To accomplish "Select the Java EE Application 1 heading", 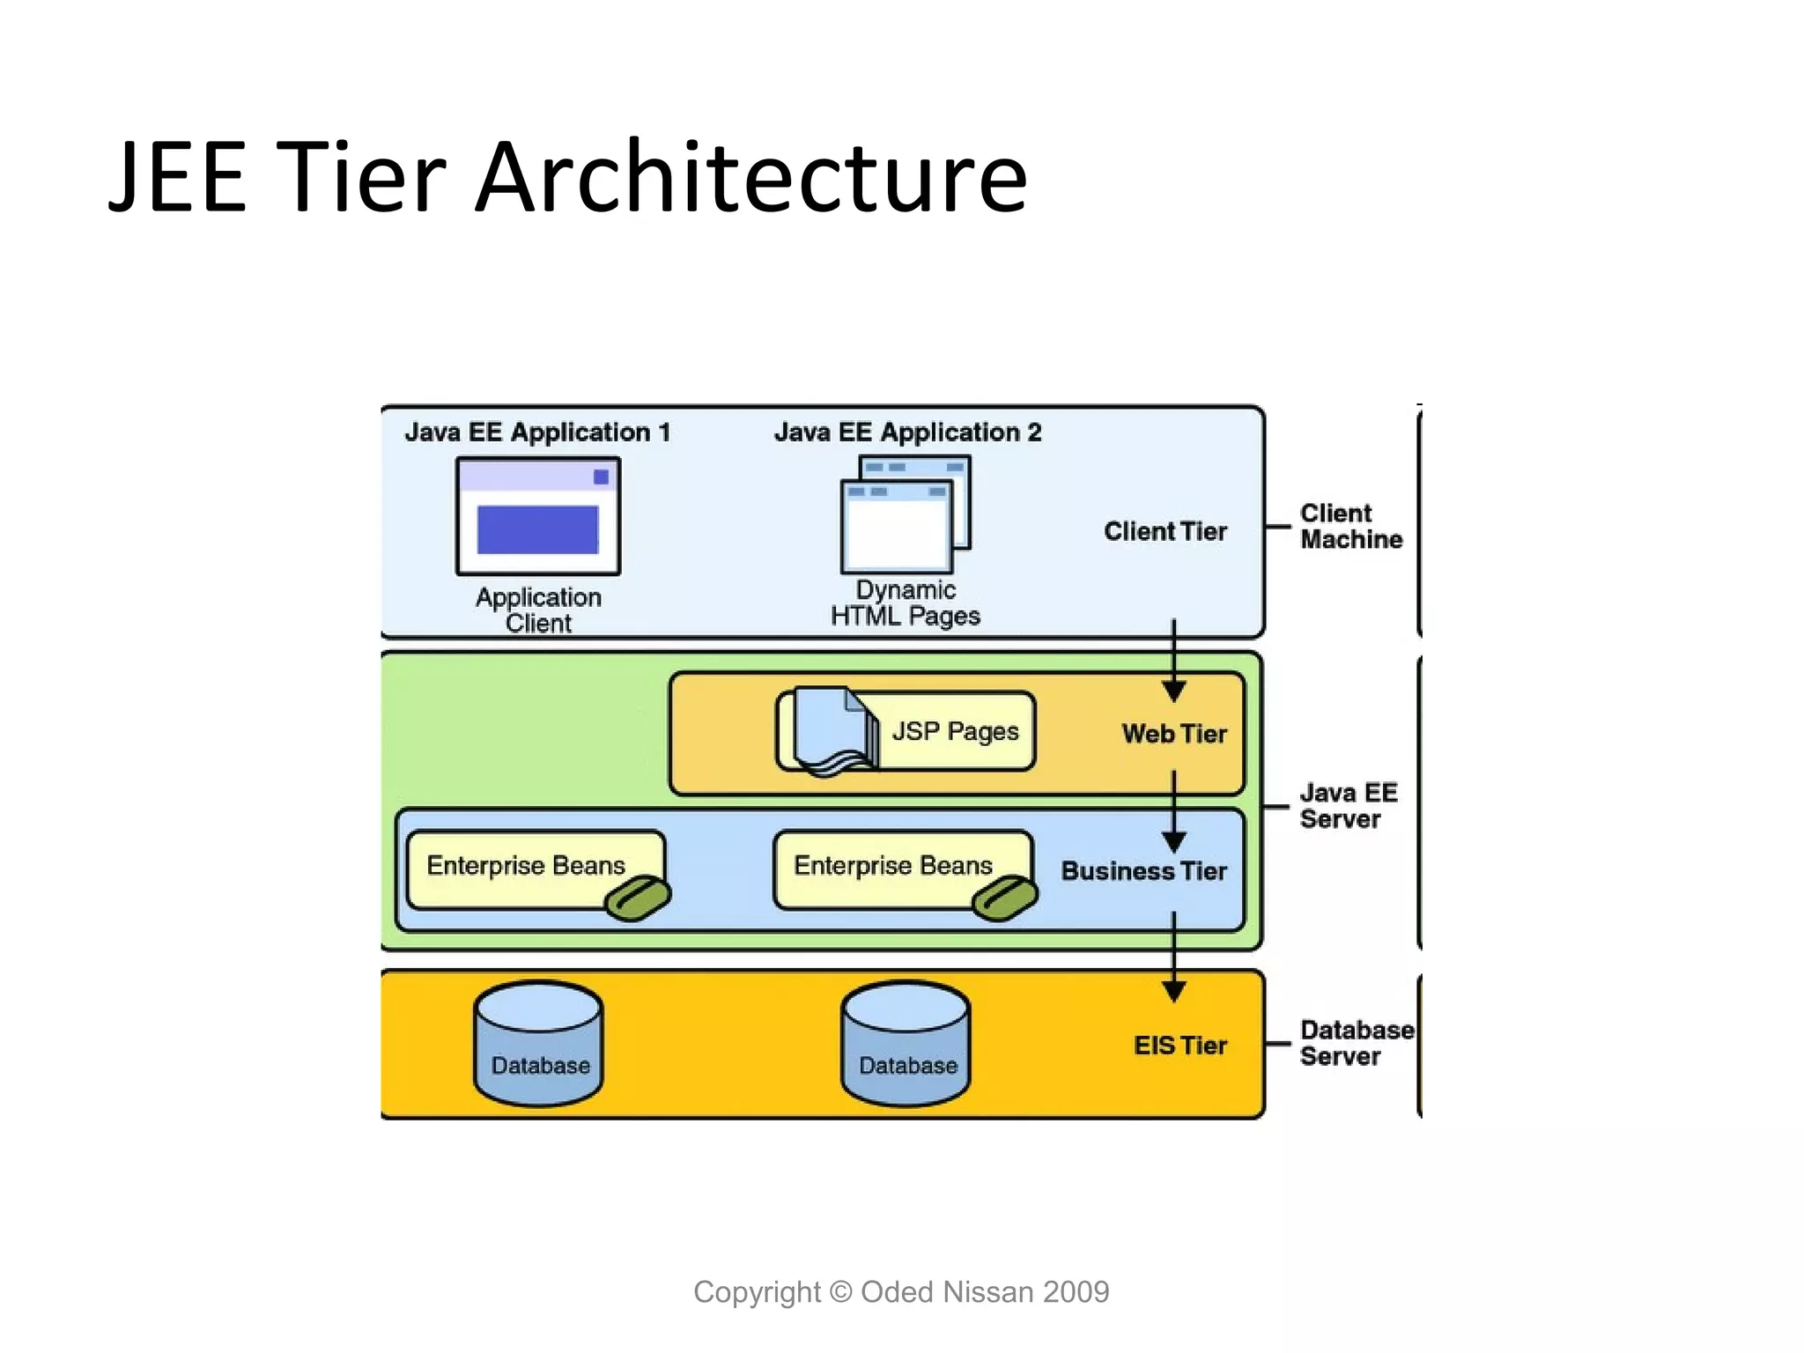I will click(537, 433).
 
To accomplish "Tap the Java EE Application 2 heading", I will click(907, 433).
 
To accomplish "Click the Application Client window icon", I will click(538, 516).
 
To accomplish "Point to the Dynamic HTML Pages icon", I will click(905, 514).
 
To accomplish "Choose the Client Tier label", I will click(1164, 532).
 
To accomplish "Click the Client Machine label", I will click(1350, 527).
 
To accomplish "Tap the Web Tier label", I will click(1173, 734).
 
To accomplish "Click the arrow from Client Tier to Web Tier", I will click(1173, 661).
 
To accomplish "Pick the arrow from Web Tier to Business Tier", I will click(1173, 810).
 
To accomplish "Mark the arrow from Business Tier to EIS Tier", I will click(1173, 956).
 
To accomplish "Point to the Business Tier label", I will click(1143, 871).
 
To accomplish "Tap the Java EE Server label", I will click(1348, 806).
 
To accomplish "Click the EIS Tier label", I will click(1179, 1046).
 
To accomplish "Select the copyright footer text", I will click(901, 1292).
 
